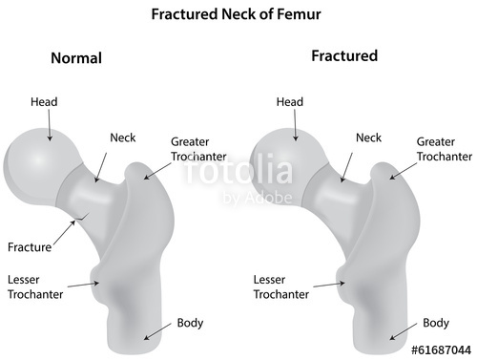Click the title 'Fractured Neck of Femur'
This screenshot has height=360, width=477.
click(238, 16)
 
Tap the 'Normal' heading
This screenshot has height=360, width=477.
click(75, 58)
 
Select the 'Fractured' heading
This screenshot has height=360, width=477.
click(344, 56)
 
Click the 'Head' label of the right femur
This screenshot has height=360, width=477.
click(289, 102)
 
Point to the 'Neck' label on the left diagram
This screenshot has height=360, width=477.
click(123, 138)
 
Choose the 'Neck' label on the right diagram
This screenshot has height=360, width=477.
click(368, 138)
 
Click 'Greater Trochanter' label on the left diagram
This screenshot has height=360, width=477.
click(198, 148)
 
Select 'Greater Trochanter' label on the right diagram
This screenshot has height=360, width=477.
click(443, 148)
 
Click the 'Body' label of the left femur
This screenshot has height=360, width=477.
click(190, 322)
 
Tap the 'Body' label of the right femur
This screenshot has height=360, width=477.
click(436, 323)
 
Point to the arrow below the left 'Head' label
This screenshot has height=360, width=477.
click(48, 120)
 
